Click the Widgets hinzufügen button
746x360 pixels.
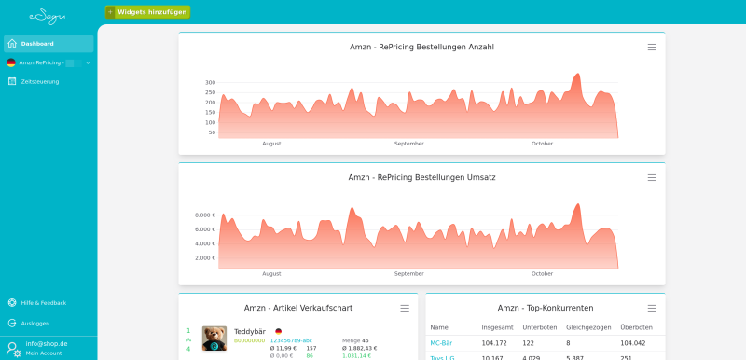147,12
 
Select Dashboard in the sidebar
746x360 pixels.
37,44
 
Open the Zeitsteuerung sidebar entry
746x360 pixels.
40,81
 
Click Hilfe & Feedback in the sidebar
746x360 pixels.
43,302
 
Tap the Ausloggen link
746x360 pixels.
35,323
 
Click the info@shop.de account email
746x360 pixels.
47,343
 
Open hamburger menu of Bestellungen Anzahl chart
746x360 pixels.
652,47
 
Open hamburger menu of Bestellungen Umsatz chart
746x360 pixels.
652,177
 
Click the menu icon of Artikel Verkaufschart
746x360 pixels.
405,308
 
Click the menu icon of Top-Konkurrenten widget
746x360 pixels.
652,308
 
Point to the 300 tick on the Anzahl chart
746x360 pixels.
210,82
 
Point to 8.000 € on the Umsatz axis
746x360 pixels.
205,215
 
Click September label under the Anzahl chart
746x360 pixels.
408,144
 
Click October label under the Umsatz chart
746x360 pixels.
542,274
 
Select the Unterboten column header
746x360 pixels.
539,327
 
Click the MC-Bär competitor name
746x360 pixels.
441,343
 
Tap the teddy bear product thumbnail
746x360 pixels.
214,339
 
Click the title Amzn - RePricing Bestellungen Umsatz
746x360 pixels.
421,177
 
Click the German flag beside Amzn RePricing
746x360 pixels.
11,62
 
